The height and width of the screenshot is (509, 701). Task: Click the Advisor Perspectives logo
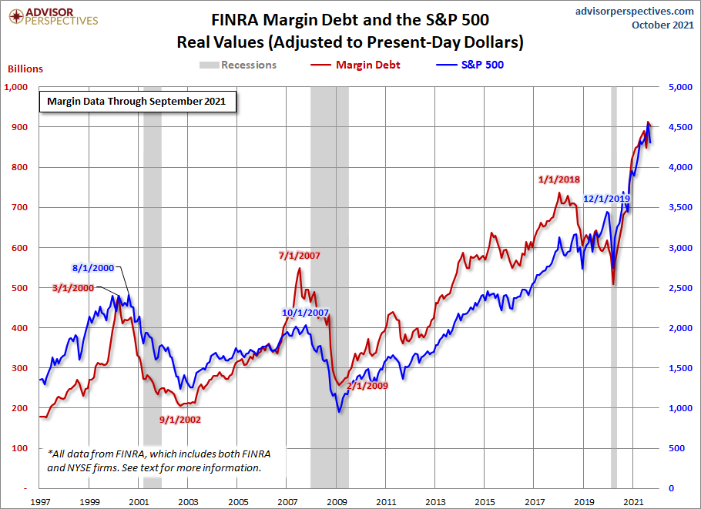[53, 16]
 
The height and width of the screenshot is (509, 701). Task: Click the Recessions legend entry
[238, 65]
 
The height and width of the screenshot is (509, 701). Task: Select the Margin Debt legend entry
[355, 65]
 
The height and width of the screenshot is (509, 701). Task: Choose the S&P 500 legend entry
[470, 65]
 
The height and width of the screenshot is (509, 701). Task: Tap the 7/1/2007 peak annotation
[300, 256]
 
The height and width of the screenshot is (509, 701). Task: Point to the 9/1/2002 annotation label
[180, 420]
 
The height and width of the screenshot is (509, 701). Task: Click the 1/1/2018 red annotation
[558, 179]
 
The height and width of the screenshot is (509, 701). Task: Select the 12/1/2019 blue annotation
[607, 199]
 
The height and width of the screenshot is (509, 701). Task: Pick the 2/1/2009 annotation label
[367, 386]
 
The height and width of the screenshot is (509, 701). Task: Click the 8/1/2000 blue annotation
[93, 268]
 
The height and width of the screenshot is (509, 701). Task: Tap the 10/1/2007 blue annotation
[305, 313]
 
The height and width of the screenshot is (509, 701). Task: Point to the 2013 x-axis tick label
[435, 502]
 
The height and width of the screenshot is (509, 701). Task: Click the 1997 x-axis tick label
[40, 502]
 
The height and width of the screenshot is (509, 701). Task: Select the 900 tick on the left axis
[20, 127]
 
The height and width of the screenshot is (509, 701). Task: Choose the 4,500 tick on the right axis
[680, 127]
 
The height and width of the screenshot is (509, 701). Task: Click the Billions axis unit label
[25, 69]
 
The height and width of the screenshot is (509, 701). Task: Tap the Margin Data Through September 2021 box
[138, 102]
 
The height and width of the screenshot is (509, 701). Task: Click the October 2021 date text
[662, 25]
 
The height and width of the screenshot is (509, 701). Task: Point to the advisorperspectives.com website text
[635, 11]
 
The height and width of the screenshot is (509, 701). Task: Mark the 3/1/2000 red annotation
[73, 288]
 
